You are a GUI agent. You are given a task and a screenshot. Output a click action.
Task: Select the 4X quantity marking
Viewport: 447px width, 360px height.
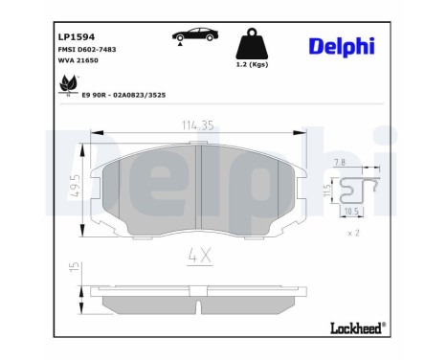198,255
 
